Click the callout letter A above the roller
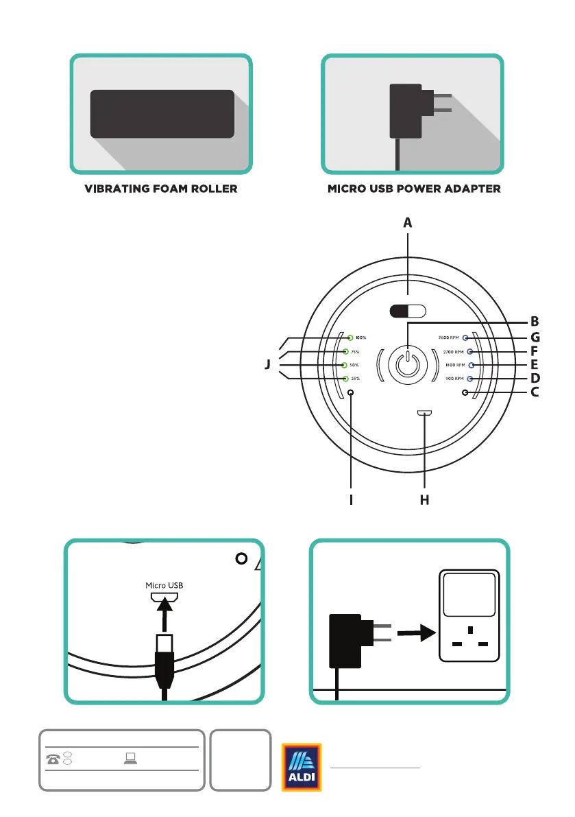coord(408,223)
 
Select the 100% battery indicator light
coord(350,338)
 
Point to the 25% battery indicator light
coord(345,379)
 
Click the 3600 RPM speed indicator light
coord(465,338)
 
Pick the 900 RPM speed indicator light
coord(469,379)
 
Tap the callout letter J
coord(268,366)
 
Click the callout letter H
coord(424,501)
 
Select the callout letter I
coord(351,501)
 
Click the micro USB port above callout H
coord(425,414)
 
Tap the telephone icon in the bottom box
coord(53,759)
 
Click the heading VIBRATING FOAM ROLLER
coord(161,189)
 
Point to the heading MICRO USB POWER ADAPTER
coord(413,189)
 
